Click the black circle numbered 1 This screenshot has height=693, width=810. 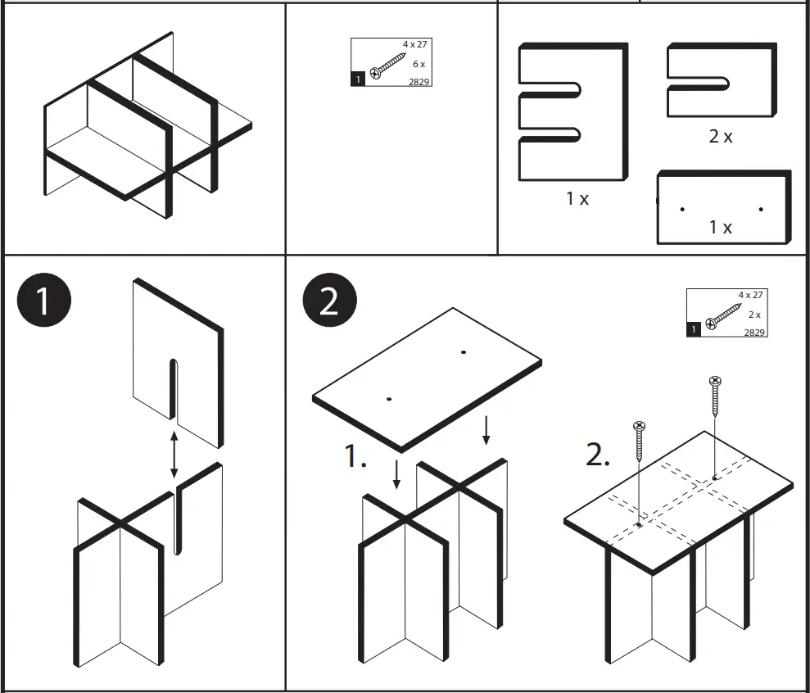[43, 301]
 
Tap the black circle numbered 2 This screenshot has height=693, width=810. [329, 301]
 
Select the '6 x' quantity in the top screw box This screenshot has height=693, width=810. [419, 64]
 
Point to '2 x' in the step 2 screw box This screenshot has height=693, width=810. [753, 315]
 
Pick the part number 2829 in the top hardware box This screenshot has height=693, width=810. [419, 80]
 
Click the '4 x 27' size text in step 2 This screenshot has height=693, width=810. [750, 295]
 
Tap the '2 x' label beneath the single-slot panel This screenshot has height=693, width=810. [721, 137]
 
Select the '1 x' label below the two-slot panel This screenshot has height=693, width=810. [577, 198]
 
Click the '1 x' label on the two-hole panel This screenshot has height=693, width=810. [721, 227]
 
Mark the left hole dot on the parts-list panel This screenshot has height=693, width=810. [682, 210]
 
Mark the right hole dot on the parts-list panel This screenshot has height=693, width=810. [761, 210]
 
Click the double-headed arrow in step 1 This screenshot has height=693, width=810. [174, 453]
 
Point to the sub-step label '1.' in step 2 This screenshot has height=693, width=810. [355, 457]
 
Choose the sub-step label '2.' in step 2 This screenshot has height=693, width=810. [599, 455]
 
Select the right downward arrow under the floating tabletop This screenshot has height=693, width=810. [486, 431]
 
